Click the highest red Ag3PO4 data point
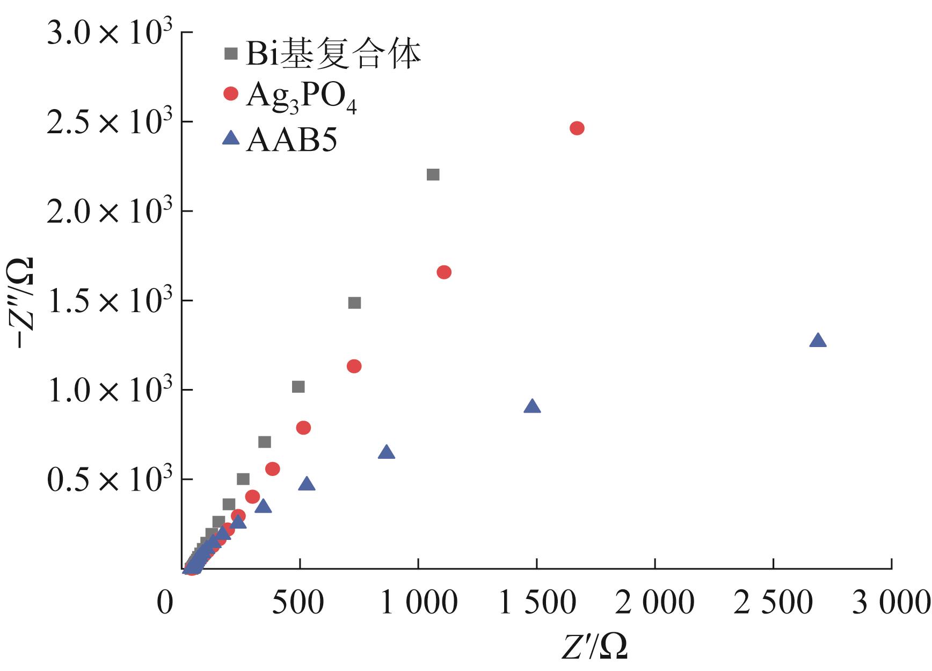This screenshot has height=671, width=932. tap(577, 128)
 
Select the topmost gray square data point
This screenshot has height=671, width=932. tap(433, 175)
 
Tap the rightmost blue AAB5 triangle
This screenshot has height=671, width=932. tap(818, 341)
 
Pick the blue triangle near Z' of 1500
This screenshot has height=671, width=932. tap(531, 407)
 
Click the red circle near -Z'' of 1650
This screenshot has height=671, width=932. tap(444, 272)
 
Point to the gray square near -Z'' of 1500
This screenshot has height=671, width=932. tap(354, 303)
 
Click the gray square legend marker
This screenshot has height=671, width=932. tap(231, 54)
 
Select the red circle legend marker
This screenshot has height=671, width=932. tap(231, 93)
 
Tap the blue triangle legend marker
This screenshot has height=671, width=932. tap(231, 139)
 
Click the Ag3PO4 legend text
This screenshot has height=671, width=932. tap(301, 97)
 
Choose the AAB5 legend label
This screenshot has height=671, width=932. tap(292, 141)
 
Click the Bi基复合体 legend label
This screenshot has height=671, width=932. tap(333, 54)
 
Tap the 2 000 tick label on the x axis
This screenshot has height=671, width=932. tap(654, 603)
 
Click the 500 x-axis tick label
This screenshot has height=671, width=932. tap(298, 603)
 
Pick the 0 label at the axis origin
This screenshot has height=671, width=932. tap(165, 603)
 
